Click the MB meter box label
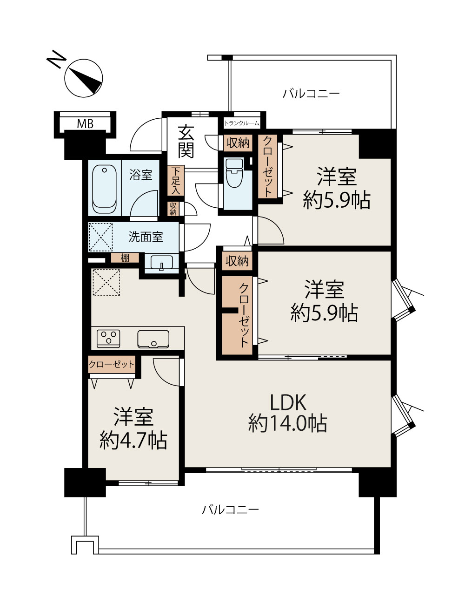tap(85, 124)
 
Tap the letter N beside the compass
tap(56, 59)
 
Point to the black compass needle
tap(87, 81)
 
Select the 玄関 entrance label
tap(186, 142)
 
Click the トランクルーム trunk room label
tap(241, 123)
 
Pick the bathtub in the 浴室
tap(104, 189)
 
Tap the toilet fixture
tap(234, 173)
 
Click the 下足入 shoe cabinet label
tap(176, 180)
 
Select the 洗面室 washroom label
tap(146, 237)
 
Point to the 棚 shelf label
tap(125, 258)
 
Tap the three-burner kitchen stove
tap(108, 339)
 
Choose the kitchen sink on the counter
tap(153, 339)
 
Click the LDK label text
tap(288, 402)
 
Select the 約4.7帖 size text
tap(133, 441)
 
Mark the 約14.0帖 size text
tap(288, 424)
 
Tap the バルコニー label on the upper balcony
tap(311, 94)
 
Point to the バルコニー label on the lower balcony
tap(230, 509)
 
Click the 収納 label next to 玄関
tap(238, 143)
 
